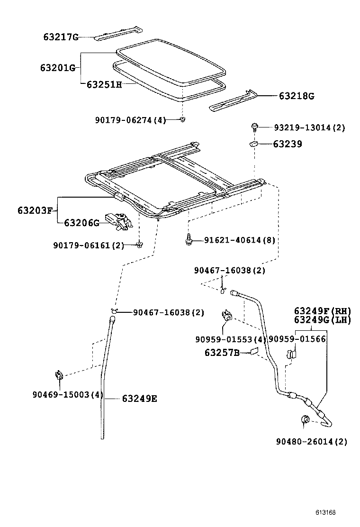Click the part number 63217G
tap(60, 36)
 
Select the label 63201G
tap(58, 68)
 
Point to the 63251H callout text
tap(104, 84)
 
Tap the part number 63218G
tap(296, 96)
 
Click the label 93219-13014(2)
tap(309, 127)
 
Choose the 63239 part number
tap(287, 144)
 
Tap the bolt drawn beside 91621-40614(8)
tap(189, 240)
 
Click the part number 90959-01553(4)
tap(230, 339)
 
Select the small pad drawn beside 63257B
tap(254, 352)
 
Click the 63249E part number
tap(139, 399)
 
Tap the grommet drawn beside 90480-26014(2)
tap(306, 419)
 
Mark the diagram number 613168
tap(326, 512)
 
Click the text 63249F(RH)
tap(322, 311)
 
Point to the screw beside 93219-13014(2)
tap(254, 127)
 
